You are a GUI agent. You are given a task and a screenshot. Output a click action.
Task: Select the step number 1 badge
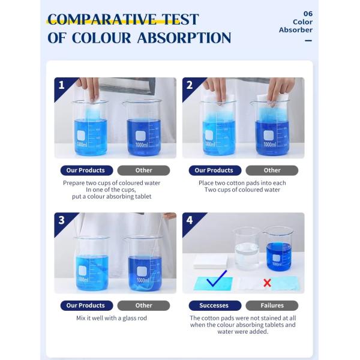point(61,85)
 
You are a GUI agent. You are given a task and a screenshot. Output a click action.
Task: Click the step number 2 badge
point(190,85)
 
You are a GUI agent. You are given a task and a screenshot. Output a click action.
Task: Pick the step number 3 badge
point(61,220)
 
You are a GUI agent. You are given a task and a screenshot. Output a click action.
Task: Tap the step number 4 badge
point(190,220)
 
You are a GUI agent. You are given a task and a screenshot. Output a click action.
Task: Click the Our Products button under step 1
point(85,170)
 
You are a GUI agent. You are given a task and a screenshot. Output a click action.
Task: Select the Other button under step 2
point(272,170)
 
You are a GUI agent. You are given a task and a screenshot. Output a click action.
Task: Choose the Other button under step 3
point(143,305)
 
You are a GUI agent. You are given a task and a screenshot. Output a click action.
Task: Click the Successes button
point(214,305)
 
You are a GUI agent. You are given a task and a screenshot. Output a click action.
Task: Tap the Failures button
point(272,305)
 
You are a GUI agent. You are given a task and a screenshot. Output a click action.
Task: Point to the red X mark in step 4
point(267,283)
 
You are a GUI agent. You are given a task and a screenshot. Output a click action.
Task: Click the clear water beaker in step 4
point(247,248)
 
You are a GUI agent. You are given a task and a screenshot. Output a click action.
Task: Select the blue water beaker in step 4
point(278,249)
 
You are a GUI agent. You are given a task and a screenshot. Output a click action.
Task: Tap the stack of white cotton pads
point(211,260)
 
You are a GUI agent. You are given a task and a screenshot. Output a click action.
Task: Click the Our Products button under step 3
point(85,305)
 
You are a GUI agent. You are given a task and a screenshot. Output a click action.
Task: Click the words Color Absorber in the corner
point(296,26)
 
